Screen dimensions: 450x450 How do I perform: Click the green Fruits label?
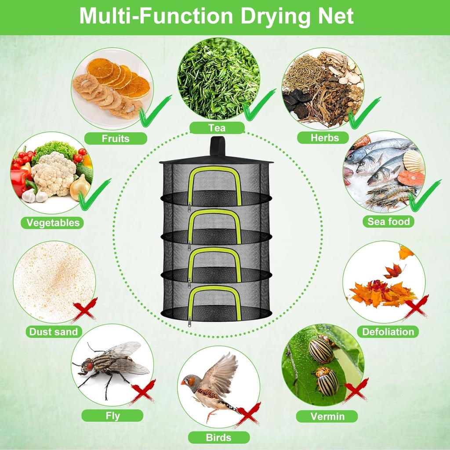115,138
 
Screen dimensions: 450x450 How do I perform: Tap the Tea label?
217,128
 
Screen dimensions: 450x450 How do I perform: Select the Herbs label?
325,138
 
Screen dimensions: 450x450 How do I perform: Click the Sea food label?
388,221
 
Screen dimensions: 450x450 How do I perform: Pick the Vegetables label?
53,222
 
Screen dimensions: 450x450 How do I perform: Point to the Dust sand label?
53,332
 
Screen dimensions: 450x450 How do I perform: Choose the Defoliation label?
388,332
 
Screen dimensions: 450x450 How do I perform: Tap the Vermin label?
327,416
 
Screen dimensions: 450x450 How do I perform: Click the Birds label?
218,438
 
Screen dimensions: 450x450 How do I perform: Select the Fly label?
112,416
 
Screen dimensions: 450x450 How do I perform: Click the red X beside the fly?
142,392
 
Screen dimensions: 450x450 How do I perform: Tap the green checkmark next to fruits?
154,111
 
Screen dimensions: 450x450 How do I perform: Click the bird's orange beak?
184,382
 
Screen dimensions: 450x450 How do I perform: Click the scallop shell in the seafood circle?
414,162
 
